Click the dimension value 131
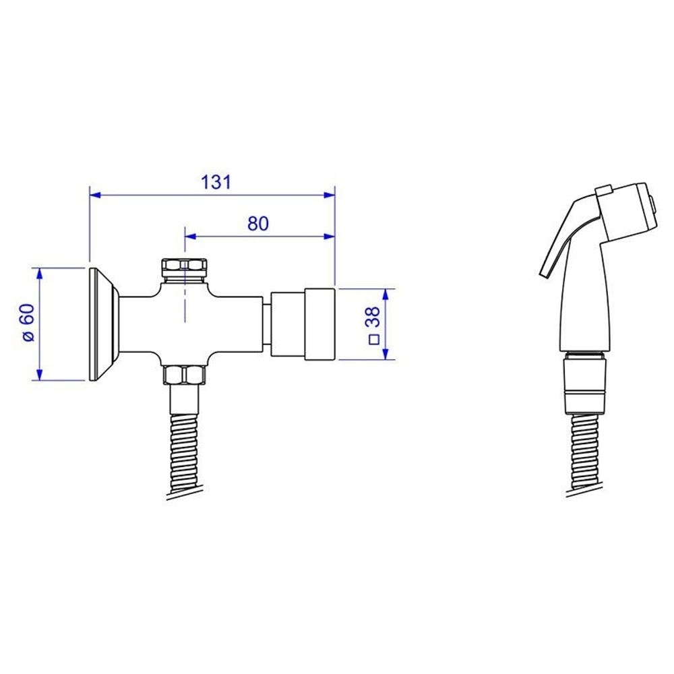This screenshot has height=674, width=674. click(216, 182)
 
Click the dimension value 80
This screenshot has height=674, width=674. click(258, 224)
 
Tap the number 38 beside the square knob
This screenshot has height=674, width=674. click(373, 317)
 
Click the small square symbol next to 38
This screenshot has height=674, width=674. click(374, 340)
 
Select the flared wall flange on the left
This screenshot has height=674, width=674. click(104, 324)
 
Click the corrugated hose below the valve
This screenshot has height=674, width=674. click(185, 456)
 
